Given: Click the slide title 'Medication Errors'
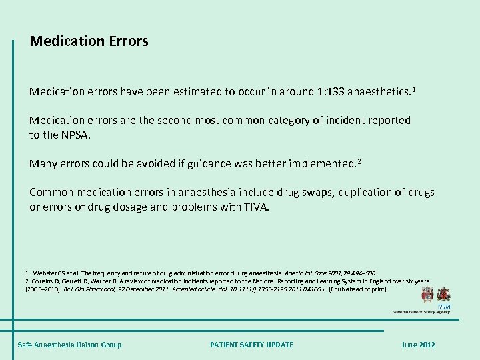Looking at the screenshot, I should (89, 41).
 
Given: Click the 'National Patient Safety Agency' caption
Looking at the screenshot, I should (421, 311).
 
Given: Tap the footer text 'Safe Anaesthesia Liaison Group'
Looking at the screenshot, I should (69, 344).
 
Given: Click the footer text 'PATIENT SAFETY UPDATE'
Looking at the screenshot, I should (251, 344).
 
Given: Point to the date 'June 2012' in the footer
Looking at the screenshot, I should (418, 344).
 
